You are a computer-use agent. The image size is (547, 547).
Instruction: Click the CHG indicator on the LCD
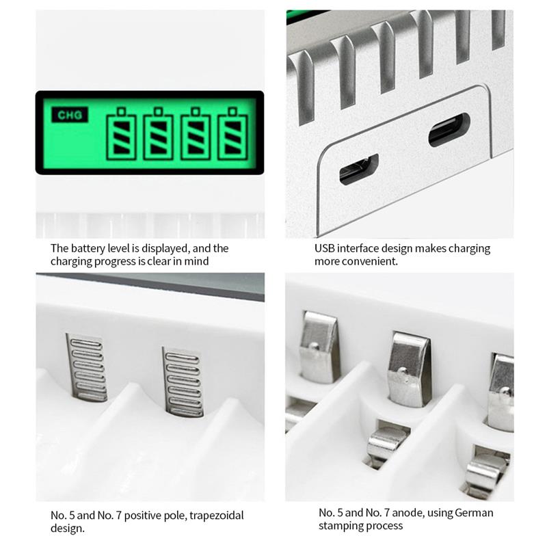[70, 116]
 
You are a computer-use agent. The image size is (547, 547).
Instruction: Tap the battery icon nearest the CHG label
[122, 133]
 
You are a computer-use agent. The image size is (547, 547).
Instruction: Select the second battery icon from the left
[158, 133]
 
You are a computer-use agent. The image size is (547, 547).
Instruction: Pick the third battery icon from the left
[195, 133]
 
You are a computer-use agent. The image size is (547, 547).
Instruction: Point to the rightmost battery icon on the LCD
[232, 133]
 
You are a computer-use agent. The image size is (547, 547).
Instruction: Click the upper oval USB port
[449, 129]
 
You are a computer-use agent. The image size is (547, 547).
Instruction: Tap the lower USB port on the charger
[358, 170]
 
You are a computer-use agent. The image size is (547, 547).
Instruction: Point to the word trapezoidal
[215, 515]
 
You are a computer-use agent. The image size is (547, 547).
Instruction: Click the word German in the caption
[475, 512]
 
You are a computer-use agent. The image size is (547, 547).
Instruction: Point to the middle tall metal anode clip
[408, 369]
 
